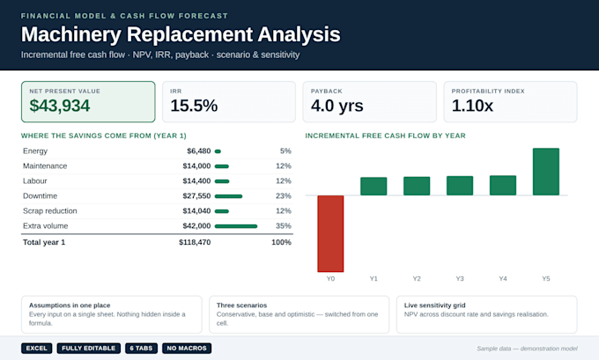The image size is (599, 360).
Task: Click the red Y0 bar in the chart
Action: pos(330,233)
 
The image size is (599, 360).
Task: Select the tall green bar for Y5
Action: pos(546,172)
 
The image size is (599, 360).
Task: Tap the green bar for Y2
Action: pos(417,186)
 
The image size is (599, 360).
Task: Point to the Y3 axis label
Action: pos(460,279)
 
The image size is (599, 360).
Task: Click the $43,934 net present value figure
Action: pos(60,106)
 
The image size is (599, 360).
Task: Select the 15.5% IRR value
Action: pos(194,106)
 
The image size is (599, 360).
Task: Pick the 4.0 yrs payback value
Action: pos(336,106)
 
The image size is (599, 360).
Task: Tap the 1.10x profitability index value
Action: pos(472,106)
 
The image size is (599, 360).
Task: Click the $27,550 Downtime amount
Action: pos(196,195)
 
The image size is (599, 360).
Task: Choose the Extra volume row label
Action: pos(46,226)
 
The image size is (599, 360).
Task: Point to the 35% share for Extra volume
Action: pos(284,226)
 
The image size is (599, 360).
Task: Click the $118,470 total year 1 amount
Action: pos(195,242)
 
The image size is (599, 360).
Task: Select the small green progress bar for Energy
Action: pos(218,151)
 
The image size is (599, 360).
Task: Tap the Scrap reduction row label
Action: pos(49,211)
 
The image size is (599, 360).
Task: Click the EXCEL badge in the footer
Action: pos(37,349)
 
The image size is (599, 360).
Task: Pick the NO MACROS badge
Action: pos(187,349)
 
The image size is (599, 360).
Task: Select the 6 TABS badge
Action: pos(141,349)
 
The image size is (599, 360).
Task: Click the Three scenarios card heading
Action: pos(242,305)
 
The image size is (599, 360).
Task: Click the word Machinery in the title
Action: pos(71,34)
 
